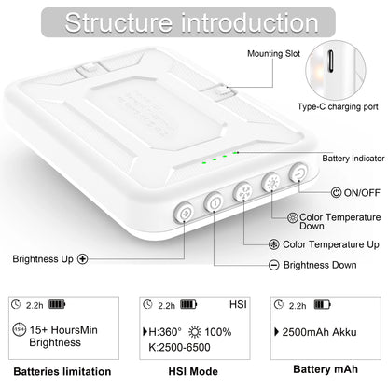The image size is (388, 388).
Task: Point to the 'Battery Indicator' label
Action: [350, 158]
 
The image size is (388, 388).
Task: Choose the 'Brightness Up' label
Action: [45, 258]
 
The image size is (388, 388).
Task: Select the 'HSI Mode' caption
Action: [194, 370]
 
